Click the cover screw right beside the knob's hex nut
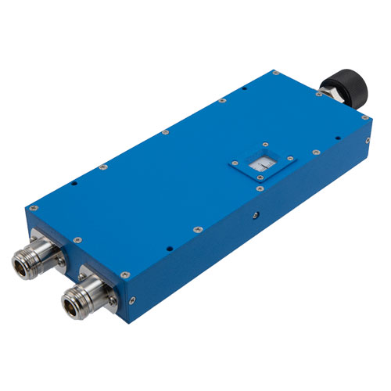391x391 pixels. click(319, 95)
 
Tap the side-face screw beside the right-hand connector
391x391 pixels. click(135, 299)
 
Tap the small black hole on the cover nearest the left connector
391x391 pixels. click(72, 185)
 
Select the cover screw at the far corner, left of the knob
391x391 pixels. click(275, 72)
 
